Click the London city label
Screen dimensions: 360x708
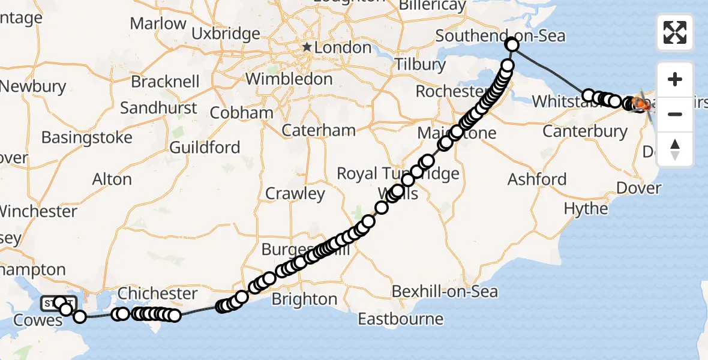(x=344, y=47)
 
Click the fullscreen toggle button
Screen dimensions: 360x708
(x=675, y=32)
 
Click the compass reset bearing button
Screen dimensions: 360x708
(x=675, y=149)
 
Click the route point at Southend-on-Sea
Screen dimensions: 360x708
(x=512, y=44)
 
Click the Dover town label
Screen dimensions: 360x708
(x=639, y=188)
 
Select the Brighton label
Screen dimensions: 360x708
(x=304, y=299)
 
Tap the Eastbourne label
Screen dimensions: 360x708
(x=400, y=319)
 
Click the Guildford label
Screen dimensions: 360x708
(x=205, y=148)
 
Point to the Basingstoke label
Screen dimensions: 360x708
(x=87, y=137)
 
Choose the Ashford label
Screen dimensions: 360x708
(x=537, y=179)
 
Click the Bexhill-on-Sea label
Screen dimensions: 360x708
(x=445, y=292)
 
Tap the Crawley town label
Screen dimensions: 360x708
(x=295, y=194)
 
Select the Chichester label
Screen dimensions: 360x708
(x=157, y=293)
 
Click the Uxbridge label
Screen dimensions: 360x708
(x=226, y=34)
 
